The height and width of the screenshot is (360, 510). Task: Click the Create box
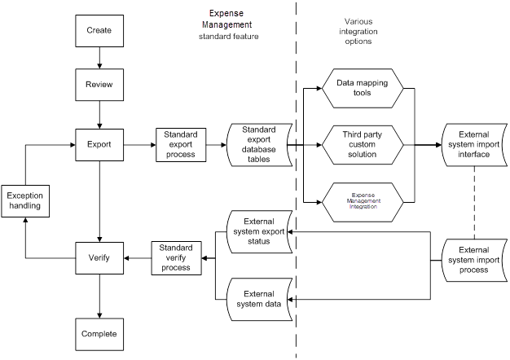pyautogui.click(x=99, y=31)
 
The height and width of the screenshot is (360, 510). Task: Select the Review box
pyautogui.click(x=99, y=84)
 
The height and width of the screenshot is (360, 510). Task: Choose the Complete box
pyautogui.click(x=99, y=333)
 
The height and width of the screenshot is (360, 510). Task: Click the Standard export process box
pyautogui.click(x=179, y=144)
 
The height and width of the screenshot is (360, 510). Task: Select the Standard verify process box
pyautogui.click(x=176, y=257)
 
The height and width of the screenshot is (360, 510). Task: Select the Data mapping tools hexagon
pyautogui.click(x=361, y=87)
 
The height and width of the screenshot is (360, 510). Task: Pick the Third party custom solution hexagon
pyautogui.click(x=361, y=144)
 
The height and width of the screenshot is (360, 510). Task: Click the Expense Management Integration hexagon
pyautogui.click(x=361, y=200)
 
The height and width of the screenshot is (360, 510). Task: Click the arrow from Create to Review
pyautogui.click(x=99, y=57)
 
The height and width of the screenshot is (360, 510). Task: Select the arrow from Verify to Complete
pyautogui.click(x=99, y=295)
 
